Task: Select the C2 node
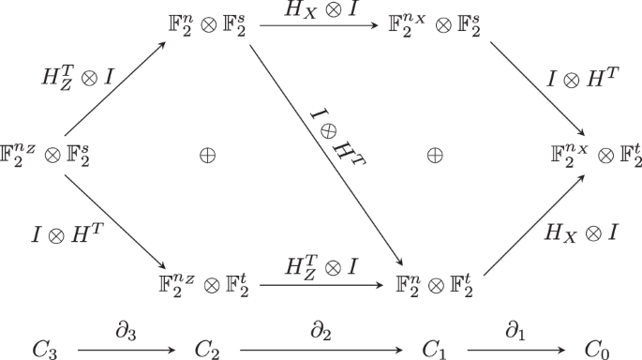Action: point(209,348)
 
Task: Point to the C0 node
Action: point(596,348)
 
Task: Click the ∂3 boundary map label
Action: point(128,331)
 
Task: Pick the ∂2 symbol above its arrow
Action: point(321,331)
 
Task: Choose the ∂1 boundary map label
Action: point(516,331)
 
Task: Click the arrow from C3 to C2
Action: point(128,348)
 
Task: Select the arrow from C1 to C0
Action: point(516,348)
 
